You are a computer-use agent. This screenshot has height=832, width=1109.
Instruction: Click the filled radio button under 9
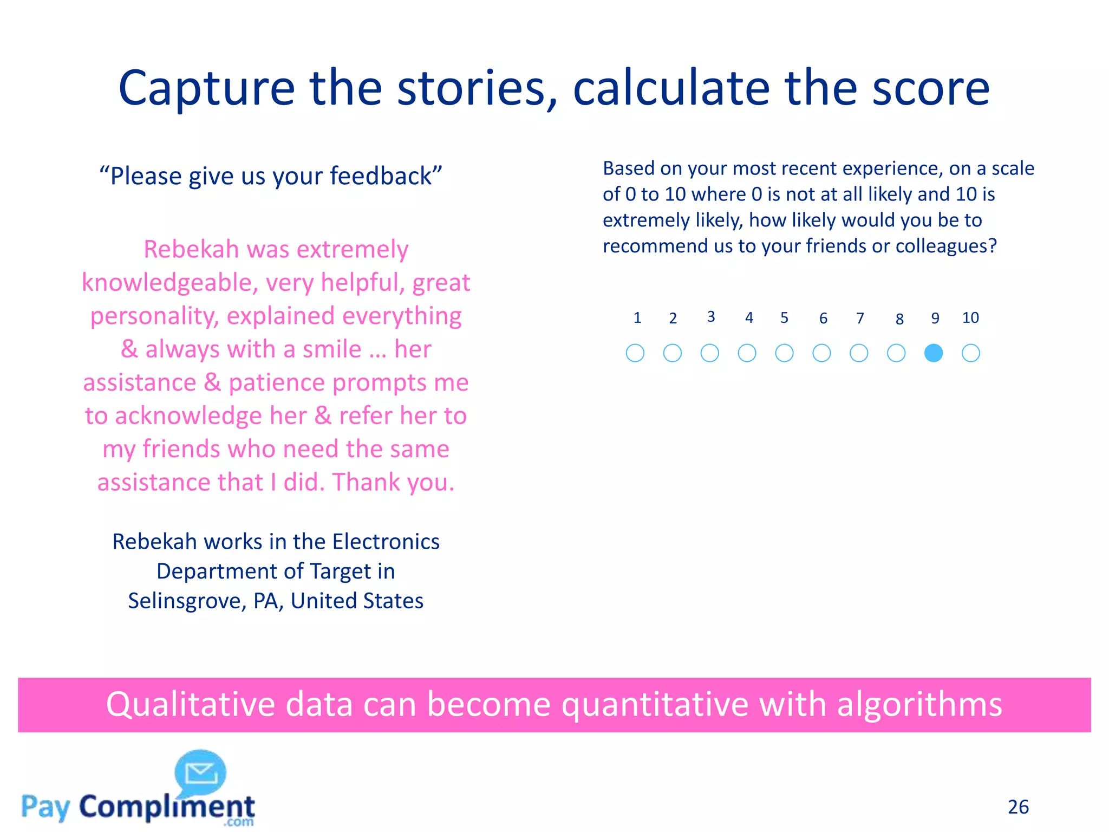[934, 353]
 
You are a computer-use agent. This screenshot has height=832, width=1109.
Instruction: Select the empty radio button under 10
[971, 353]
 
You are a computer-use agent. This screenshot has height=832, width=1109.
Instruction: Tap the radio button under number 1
[635, 353]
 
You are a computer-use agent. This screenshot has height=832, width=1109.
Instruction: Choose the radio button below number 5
[784, 353]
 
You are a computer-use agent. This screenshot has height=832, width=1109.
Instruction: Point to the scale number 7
[860, 318]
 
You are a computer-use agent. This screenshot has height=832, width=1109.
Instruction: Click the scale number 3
[711, 317]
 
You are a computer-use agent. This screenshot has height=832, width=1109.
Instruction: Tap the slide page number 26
[1018, 807]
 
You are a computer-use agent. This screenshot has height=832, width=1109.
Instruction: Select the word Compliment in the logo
[167, 807]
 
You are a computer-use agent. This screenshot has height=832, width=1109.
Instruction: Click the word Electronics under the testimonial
[386, 542]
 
